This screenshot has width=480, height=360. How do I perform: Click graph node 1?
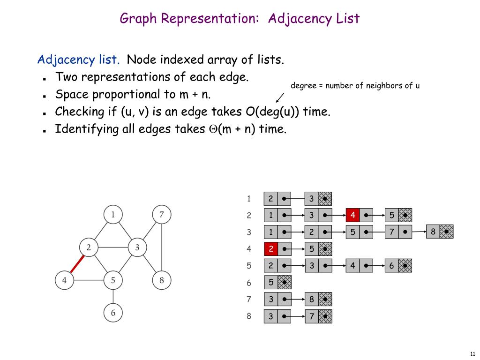tap(113, 215)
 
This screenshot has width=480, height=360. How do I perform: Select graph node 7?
tap(162, 215)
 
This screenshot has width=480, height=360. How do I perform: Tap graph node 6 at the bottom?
tap(113, 313)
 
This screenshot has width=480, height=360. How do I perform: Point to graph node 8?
tap(162, 281)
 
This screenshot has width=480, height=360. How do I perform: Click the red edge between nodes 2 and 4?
tap(77, 264)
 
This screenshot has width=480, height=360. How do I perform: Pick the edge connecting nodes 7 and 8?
tap(162, 248)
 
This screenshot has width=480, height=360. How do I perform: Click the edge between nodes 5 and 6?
tap(113, 297)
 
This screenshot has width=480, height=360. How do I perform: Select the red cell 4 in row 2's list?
tap(352, 215)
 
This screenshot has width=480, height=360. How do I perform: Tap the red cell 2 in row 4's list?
tap(270, 249)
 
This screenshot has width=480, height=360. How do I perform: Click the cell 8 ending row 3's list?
tap(433, 232)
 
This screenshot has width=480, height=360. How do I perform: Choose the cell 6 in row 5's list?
tap(391, 266)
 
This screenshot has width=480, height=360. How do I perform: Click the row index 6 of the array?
tap(249, 283)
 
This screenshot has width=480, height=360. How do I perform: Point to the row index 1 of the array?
tap(249, 198)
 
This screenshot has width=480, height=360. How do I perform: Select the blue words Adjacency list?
tap(78, 60)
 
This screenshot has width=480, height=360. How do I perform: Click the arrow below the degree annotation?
tap(280, 97)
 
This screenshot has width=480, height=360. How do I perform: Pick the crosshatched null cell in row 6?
tap(285, 283)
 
